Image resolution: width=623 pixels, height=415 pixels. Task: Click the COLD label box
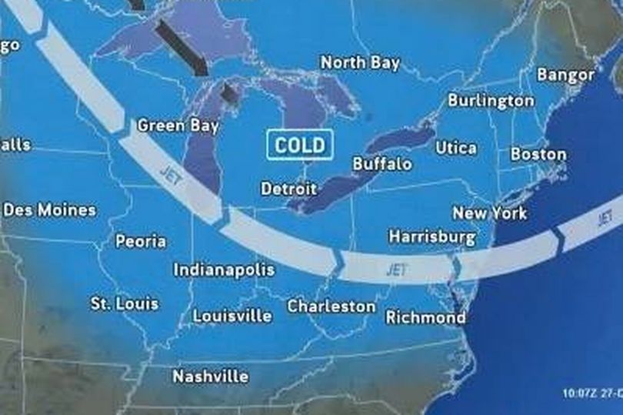tap(300, 145)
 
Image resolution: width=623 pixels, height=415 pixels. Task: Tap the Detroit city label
tap(288, 189)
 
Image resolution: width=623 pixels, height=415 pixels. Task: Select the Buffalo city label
tap(381, 164)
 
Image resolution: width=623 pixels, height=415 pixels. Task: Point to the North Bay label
tap(360, 63)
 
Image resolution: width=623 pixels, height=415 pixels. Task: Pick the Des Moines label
tap(49, 209)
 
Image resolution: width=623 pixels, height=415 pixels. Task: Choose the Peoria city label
tap(141, 241)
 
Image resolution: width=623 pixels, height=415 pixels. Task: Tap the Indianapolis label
tap(224, 270)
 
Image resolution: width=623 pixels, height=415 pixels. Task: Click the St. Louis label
tap(125, 303)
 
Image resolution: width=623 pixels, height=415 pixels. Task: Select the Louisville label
tap(232, 316)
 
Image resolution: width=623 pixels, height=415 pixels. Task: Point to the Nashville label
tap(210, 377)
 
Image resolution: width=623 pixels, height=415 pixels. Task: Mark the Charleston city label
tap(331, 306)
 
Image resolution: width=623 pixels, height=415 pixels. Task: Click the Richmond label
tap(425, 317)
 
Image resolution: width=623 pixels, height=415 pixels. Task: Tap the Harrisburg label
tap(431, 237)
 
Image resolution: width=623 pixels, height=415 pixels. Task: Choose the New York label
tap(490, 213)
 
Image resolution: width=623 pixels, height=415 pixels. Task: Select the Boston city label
tap(538, 154)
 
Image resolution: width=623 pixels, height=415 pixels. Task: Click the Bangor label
tap(565, 75)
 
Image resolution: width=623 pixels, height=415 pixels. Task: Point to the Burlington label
tap(491, 101)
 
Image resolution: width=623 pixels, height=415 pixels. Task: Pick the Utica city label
tap(456, 147)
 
